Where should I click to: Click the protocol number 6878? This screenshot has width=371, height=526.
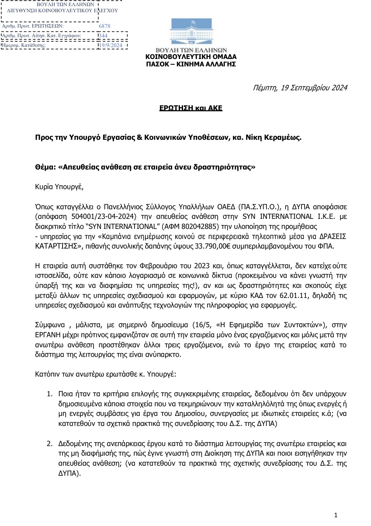(x=105, y=26)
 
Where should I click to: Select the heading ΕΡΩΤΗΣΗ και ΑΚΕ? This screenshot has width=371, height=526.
(x=190, y=107)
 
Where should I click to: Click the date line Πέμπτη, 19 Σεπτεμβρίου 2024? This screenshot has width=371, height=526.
(x=300, y=88)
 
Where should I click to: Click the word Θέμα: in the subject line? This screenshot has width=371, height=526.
(x=45, y=167)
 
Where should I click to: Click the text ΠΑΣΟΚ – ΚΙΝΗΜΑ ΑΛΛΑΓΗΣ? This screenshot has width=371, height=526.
(x=191, y=64)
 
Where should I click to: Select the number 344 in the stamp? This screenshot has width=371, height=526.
(x=103, y=36)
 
